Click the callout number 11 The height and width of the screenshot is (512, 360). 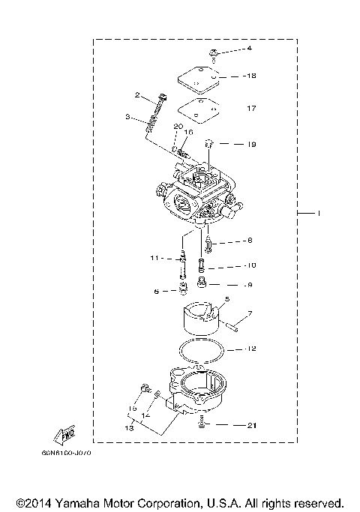click(154, 259)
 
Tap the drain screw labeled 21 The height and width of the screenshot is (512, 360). click(202, 425)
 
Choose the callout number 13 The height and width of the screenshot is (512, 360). click(129, 427)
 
